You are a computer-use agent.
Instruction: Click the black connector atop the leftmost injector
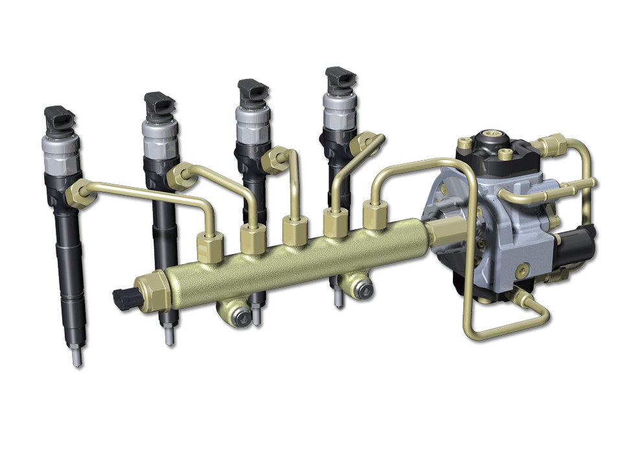coord(60,120)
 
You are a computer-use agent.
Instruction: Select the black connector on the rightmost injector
coord(341,79)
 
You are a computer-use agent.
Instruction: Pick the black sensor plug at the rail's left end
coord(123,298)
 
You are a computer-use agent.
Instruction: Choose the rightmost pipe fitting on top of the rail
coord(375,214)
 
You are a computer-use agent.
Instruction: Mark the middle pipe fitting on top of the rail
coord(295,230)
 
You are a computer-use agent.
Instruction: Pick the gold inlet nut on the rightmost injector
coord(368,140)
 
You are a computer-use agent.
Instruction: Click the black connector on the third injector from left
coord(252,91)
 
